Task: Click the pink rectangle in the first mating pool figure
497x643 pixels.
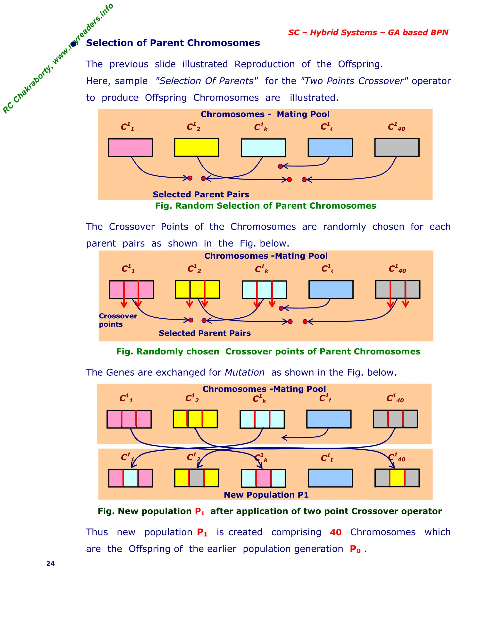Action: pos(130,148)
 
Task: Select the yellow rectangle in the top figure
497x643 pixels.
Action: pos(196,147)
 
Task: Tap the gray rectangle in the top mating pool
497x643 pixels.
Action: pos(397,147)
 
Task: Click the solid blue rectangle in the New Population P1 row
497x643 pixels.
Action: pos(330,478)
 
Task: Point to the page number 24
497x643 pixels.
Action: pos(50,563)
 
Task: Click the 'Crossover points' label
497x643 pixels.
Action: pos(117,320)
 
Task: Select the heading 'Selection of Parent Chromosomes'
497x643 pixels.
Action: pos(173,43)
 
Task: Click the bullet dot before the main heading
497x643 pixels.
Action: pos(73,44)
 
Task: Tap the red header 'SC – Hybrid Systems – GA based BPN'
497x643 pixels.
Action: pos(368,32)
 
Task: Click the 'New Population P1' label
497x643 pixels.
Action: pos(266,495)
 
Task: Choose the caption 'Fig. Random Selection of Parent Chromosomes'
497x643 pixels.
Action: pos(265,206)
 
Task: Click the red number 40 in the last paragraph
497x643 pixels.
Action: pos(335,532)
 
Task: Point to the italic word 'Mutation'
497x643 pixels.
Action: pos(244,372)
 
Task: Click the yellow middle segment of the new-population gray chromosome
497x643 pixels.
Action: pos(397,478)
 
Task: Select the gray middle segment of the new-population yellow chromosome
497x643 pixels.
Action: pos(196,478)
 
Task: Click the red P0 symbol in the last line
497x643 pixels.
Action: pos(355,549)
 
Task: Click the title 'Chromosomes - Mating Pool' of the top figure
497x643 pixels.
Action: pos(265,114)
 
